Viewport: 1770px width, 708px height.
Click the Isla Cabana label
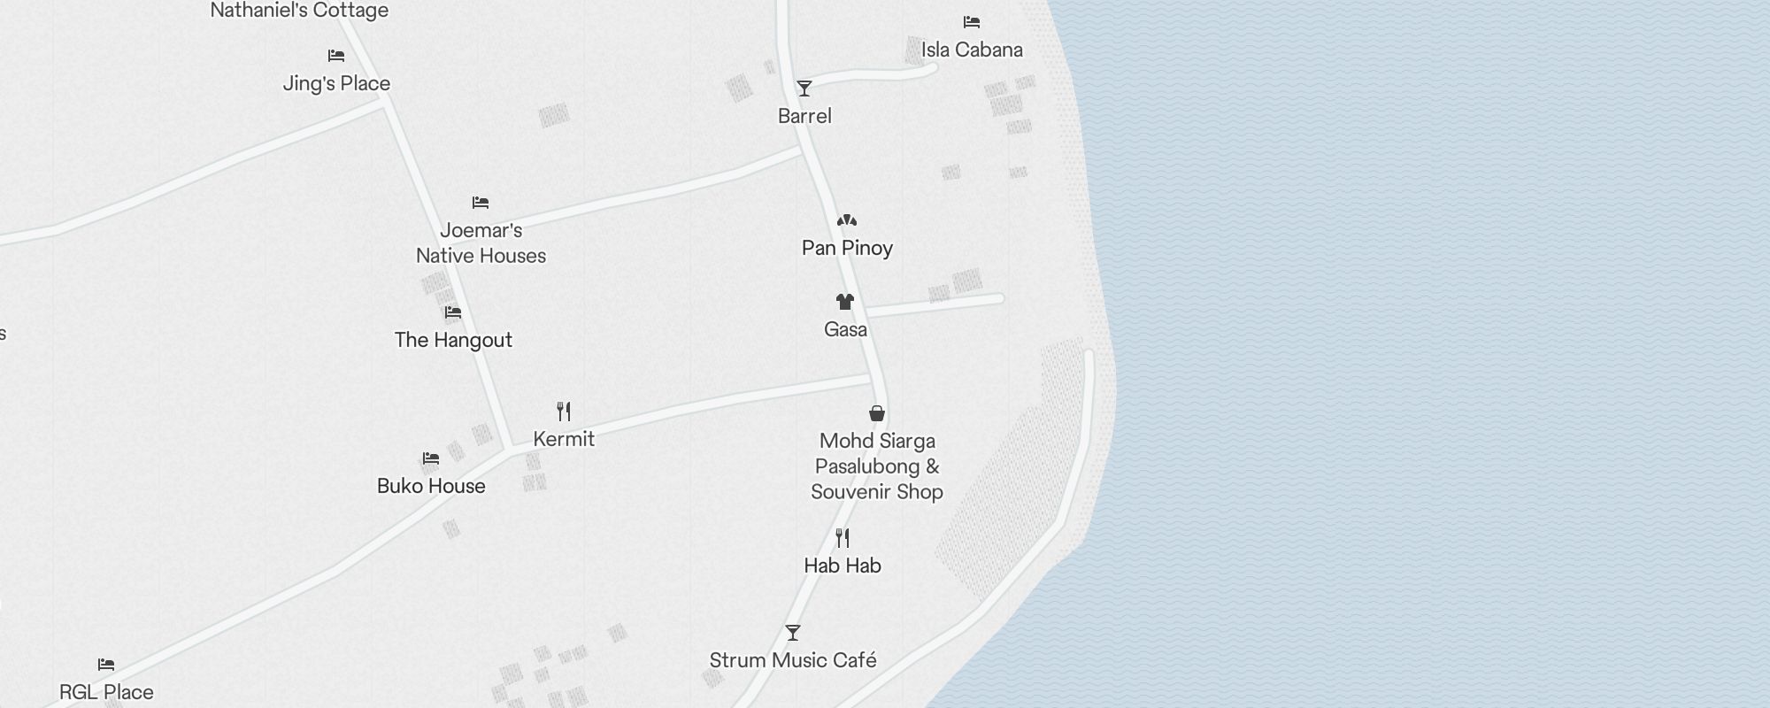[972, 50]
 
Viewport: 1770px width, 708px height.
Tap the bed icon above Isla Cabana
[972, 22]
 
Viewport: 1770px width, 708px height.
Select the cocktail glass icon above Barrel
[804, 88]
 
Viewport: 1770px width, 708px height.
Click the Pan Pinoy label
[847, 248]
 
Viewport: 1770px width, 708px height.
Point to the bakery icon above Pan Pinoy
[847, 220]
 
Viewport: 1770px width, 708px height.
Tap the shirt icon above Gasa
[845, 302]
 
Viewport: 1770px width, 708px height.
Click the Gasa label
[845, 329]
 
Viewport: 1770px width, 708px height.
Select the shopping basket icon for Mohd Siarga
[877, 413]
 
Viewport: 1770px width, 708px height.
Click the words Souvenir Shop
[877, 492]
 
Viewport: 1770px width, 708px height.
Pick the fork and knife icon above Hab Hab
[843, 537]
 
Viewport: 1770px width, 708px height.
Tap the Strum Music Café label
[793, 660]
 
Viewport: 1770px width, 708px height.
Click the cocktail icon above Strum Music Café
[793, 633]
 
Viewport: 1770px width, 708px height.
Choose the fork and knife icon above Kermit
[564, 411]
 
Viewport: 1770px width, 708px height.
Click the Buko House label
[431, 486]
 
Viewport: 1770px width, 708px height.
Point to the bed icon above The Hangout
[453, 312]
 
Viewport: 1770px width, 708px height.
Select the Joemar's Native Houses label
[481, 242]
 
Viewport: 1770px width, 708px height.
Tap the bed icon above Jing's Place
[336, 56]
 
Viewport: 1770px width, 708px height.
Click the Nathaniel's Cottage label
[299, 11]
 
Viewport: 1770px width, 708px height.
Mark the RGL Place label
[106, 692]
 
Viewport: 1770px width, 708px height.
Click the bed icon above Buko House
[431, 458]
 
